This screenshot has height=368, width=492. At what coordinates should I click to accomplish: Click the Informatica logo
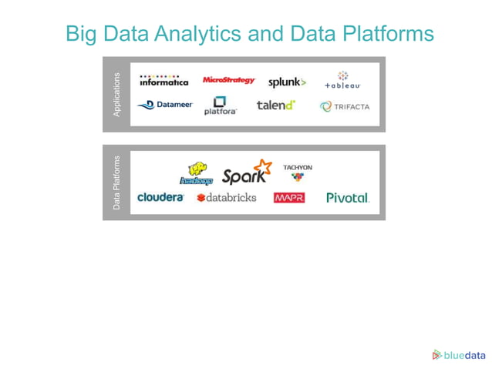tap(163, 80)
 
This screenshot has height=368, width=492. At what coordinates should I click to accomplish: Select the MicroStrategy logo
tap(228, 80)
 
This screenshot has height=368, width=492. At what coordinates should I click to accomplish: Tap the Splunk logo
tap(287, 82)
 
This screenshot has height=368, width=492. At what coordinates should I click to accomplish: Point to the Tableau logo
tap(342, 81)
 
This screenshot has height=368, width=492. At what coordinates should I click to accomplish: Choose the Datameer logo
tap(165, 105)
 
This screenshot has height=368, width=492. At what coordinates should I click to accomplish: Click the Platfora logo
tap(221, 106)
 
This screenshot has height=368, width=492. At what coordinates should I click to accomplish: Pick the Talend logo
tap(276, 105)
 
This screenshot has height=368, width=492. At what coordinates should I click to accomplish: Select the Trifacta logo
tap(345, 107)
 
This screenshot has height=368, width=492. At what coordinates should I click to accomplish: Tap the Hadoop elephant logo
tap(197, 174)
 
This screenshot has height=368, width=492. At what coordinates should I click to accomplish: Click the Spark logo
tap(247, 172)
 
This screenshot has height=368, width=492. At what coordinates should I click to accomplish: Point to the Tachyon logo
tap(298, 172)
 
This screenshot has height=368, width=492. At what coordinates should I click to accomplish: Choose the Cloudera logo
tap(160, 198)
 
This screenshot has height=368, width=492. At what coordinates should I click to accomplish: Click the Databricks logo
tap(227, 198)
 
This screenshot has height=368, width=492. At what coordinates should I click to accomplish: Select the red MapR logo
tap(289, 198)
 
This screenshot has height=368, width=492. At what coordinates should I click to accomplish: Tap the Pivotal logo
tap(348, 198)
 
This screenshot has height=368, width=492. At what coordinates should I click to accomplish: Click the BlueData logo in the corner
tap(459, 355)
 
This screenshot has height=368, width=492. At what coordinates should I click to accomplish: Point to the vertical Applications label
tap(117, 95)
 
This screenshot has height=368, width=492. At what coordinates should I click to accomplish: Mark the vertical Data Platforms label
tap(117, 183)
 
